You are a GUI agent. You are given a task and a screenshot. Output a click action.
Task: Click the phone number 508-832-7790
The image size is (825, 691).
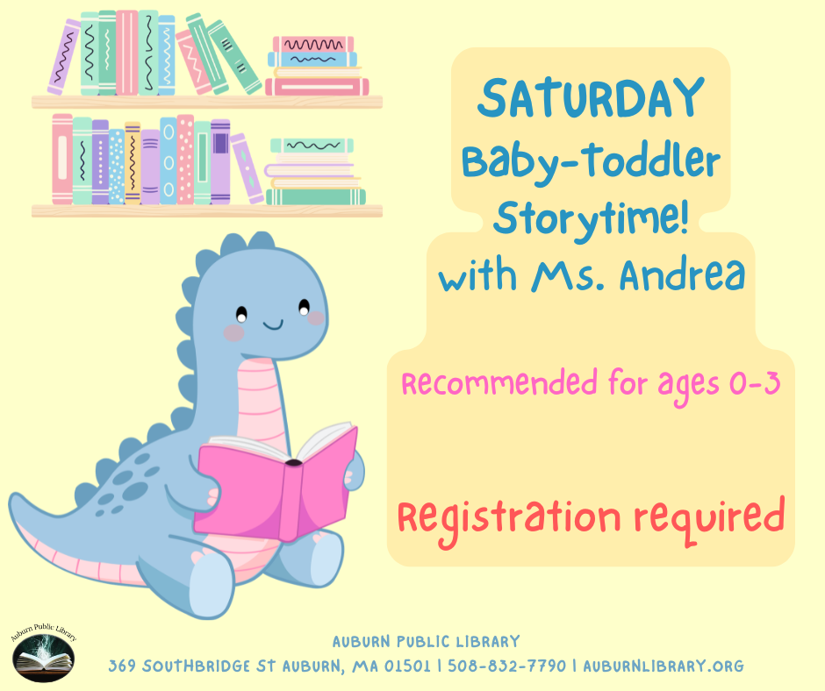tap(506, 666)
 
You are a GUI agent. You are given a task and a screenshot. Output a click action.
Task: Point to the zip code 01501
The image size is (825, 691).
tap(409, 666)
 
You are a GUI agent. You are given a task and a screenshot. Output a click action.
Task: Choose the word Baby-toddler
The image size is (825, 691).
tap(590, 160)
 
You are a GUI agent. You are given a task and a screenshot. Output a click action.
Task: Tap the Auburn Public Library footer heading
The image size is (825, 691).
tap(426, 642)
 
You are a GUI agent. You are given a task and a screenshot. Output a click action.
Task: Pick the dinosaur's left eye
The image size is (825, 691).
tap(241, 312)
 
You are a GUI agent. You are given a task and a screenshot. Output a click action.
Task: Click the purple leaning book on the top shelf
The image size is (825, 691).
tap(64, 57)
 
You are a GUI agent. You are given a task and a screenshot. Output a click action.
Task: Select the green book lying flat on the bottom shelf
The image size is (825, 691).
tap(316, 197)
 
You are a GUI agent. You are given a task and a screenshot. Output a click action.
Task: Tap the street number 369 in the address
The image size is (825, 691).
tap(122, 666)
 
